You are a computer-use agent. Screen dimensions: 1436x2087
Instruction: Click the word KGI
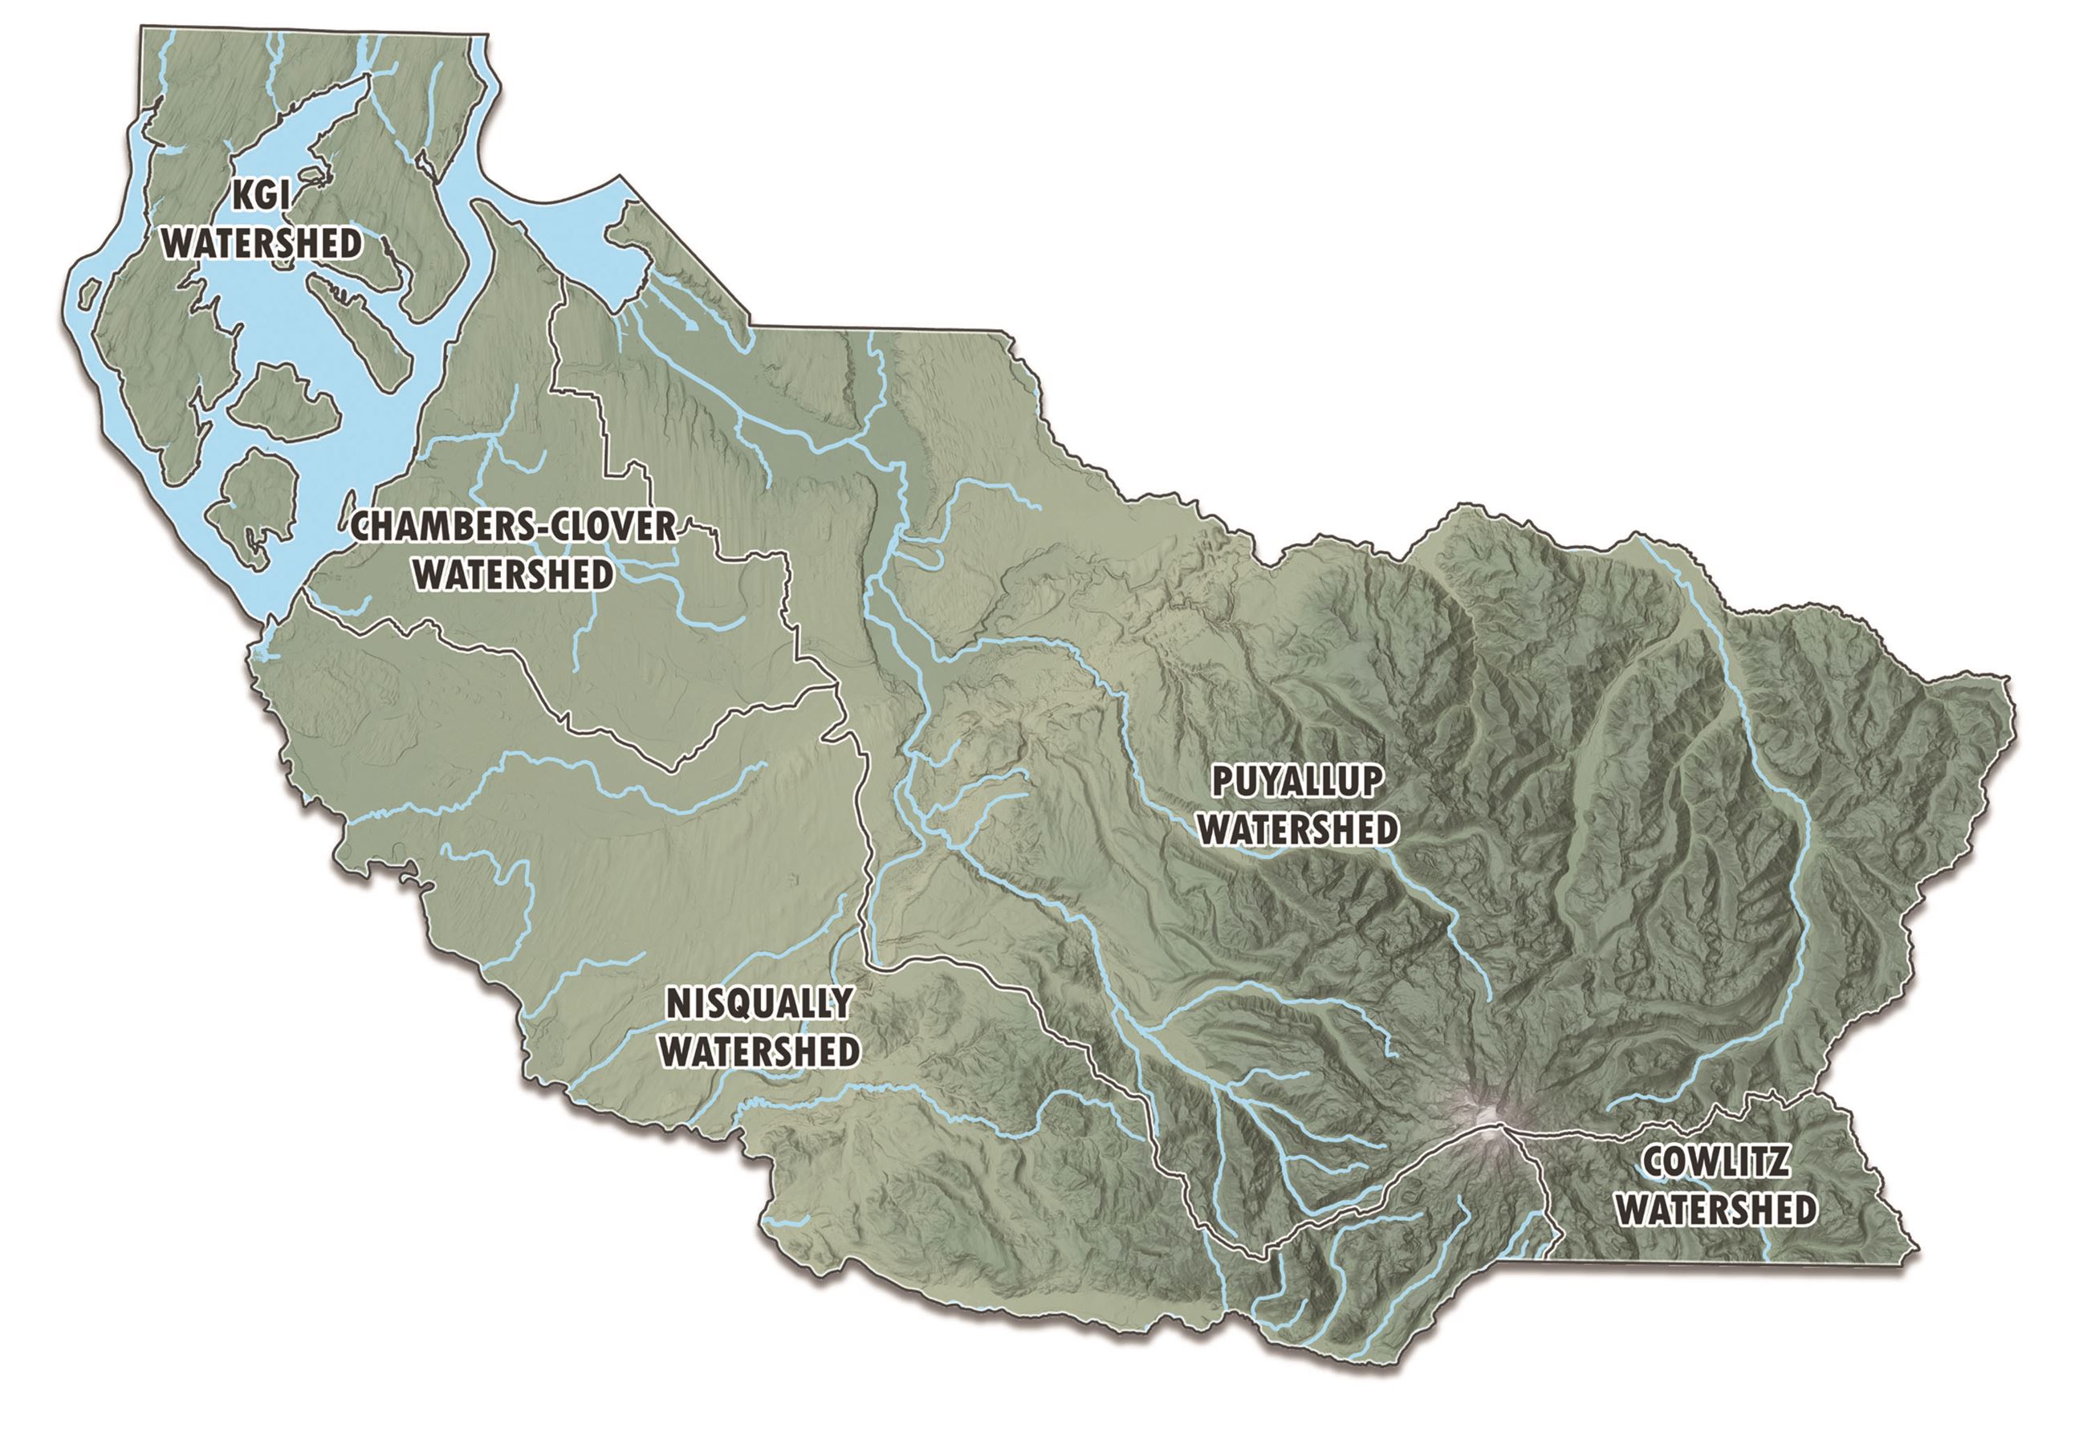point(262,196)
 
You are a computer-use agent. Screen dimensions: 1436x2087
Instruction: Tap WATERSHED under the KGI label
point(263,244)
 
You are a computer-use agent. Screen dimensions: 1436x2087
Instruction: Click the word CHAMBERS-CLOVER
point(513,527)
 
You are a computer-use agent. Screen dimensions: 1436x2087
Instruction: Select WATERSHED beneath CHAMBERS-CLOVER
point(514,575)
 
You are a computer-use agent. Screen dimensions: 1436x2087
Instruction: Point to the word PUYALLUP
point(1296,782)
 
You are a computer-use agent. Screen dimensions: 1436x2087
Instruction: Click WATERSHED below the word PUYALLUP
point(1297,829)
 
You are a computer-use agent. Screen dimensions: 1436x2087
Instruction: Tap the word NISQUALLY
point(759,1003)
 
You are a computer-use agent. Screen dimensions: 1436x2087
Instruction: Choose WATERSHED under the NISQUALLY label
point(760,1051)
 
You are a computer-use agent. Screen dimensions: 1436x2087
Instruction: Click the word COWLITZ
point(1715,1162)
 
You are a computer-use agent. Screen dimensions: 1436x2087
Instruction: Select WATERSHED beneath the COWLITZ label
point(1715,1210)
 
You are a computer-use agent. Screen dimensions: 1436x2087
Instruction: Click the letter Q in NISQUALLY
point(751,1003)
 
